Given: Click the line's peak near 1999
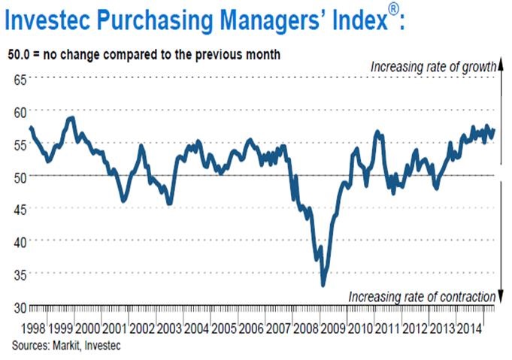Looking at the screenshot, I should tap(71, 117).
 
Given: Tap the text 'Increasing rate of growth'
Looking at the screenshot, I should tap(432, 67).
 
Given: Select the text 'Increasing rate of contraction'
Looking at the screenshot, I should tap(421, 297).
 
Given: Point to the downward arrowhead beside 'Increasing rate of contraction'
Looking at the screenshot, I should tap(498, 299).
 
